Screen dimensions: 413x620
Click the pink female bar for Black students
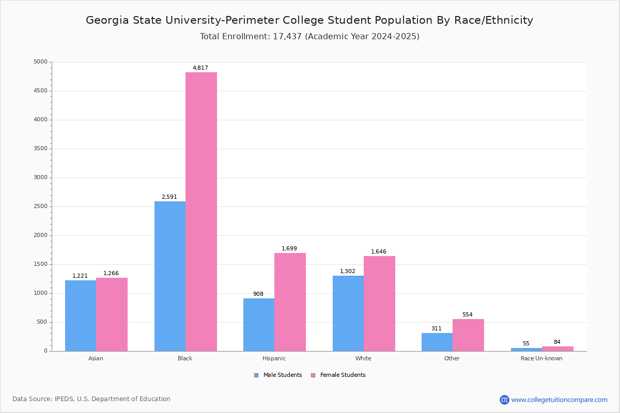(x=201, y=212)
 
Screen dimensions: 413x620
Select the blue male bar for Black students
(x=170, y=276)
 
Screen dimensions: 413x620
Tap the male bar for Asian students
(x=81, y=315)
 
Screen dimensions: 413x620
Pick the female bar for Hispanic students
(x=290, y=302)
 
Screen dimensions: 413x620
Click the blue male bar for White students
(x=348, y=313)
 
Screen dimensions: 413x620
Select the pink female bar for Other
(x=468, y=335)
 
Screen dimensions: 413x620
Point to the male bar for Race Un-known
(x=526, y=350)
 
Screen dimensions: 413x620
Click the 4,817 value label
(x=200, y=68)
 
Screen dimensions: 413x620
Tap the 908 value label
(x=258, y=294)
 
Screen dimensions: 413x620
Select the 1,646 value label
(x=379, y=252)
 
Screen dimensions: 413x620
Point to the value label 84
(x=557, y=342)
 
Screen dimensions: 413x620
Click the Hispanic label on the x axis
(x=274, y=358)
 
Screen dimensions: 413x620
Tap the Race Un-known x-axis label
(x=541, y=358)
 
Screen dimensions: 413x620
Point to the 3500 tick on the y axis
(x=40, y=149)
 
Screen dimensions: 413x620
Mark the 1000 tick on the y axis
(x=40, y=293)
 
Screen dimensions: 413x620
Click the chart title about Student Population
(x=309, y=20)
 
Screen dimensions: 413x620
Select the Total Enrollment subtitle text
(x=309, y=37)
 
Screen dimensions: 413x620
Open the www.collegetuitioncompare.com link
(x=559, y=400)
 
